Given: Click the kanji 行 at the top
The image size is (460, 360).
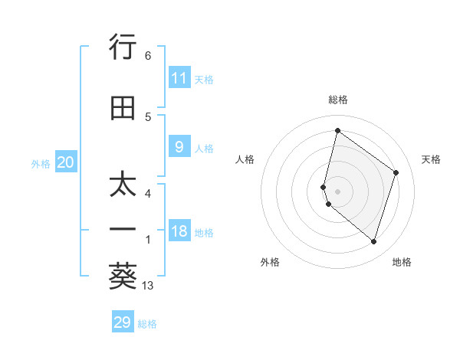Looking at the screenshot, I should point(123,47).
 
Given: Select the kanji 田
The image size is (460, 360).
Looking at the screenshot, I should point(123,109).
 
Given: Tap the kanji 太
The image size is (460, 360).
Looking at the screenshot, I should point(123,185).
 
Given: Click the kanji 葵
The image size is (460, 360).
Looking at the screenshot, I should point(123,277).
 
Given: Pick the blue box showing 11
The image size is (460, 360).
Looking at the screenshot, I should point(179,78).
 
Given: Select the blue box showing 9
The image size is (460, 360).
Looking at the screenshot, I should point(179,147).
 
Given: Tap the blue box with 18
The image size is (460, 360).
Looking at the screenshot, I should point(179,231).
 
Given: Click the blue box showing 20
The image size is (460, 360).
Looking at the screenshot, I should point(66,162).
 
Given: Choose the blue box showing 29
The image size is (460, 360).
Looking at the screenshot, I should point(123,322).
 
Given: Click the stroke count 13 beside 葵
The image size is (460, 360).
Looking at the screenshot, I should point(148,286).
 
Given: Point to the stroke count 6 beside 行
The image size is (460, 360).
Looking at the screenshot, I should point(148,56).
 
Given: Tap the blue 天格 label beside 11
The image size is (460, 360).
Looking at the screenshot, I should point(204,79).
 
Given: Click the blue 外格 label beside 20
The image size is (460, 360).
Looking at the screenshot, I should point(41,163).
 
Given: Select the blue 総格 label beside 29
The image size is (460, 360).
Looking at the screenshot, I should point(147,323).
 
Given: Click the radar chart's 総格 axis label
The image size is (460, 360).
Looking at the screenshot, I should point(337,100).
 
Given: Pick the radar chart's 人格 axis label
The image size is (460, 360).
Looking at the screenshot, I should point(245,159).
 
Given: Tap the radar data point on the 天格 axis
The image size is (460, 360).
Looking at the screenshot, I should point(396,172).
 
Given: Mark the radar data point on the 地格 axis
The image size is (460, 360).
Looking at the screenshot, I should point(373,242).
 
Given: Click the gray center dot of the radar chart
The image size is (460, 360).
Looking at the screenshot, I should point(337,191).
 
